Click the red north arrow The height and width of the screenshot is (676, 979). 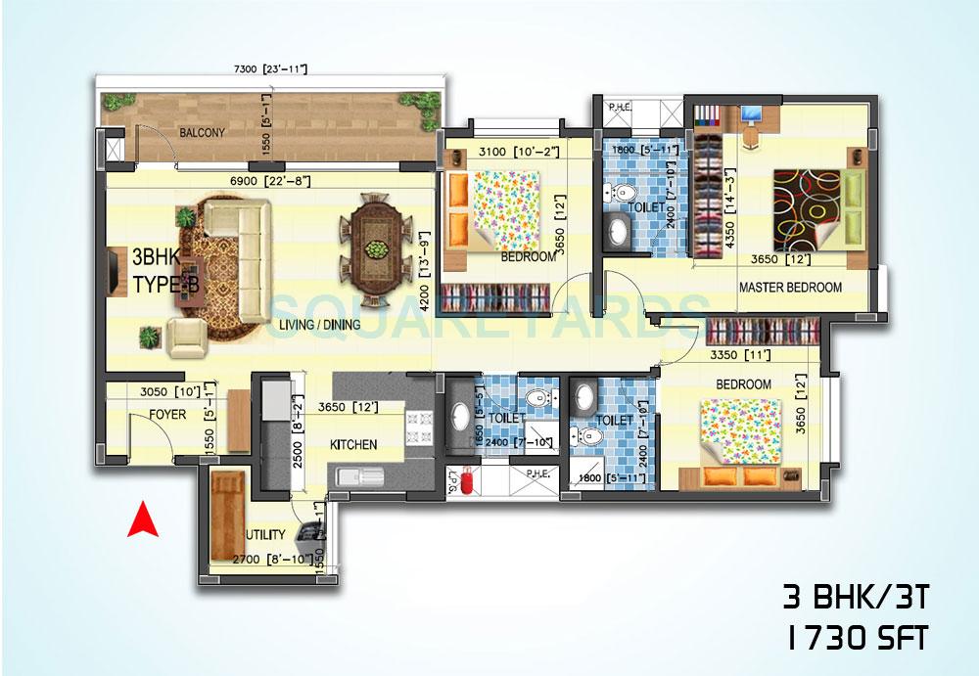143,519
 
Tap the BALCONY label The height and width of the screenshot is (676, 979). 202,133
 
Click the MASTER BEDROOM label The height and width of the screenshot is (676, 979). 790,288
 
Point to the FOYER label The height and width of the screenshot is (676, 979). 167,415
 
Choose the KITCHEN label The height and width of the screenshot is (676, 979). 353,444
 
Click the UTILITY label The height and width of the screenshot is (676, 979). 265,535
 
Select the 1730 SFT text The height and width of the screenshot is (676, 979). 854,639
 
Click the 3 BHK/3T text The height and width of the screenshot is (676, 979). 854,595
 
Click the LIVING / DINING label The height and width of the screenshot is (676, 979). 319,325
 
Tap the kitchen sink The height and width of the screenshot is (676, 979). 359,477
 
